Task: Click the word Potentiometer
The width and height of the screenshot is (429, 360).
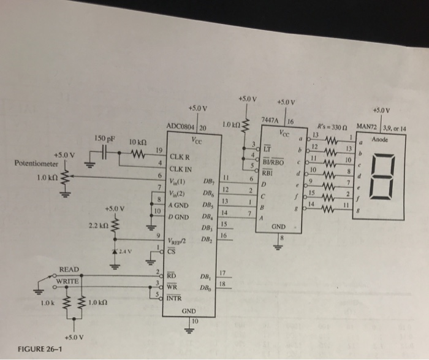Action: pos(36,164)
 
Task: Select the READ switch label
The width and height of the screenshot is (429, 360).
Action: pos(69,269)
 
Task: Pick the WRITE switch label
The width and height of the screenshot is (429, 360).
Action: pos(67,281)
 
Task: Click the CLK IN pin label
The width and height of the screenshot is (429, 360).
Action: pos(181,168)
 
